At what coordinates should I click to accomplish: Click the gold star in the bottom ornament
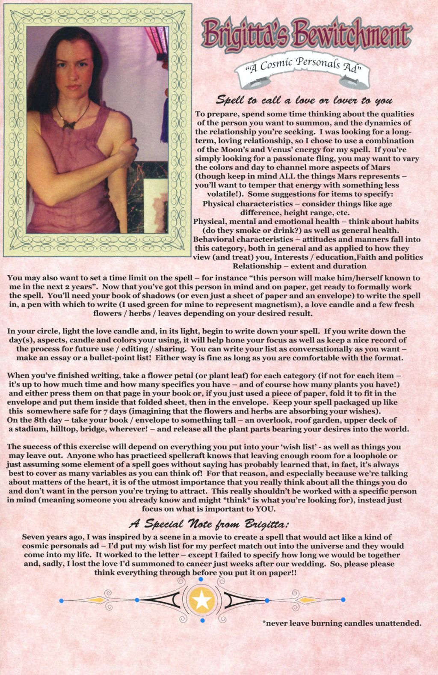click(202, 600)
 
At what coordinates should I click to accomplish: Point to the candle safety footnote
click(342, 623)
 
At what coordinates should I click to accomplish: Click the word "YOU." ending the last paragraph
click(265, 509)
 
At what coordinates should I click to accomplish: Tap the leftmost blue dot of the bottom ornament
click(62, 601)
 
